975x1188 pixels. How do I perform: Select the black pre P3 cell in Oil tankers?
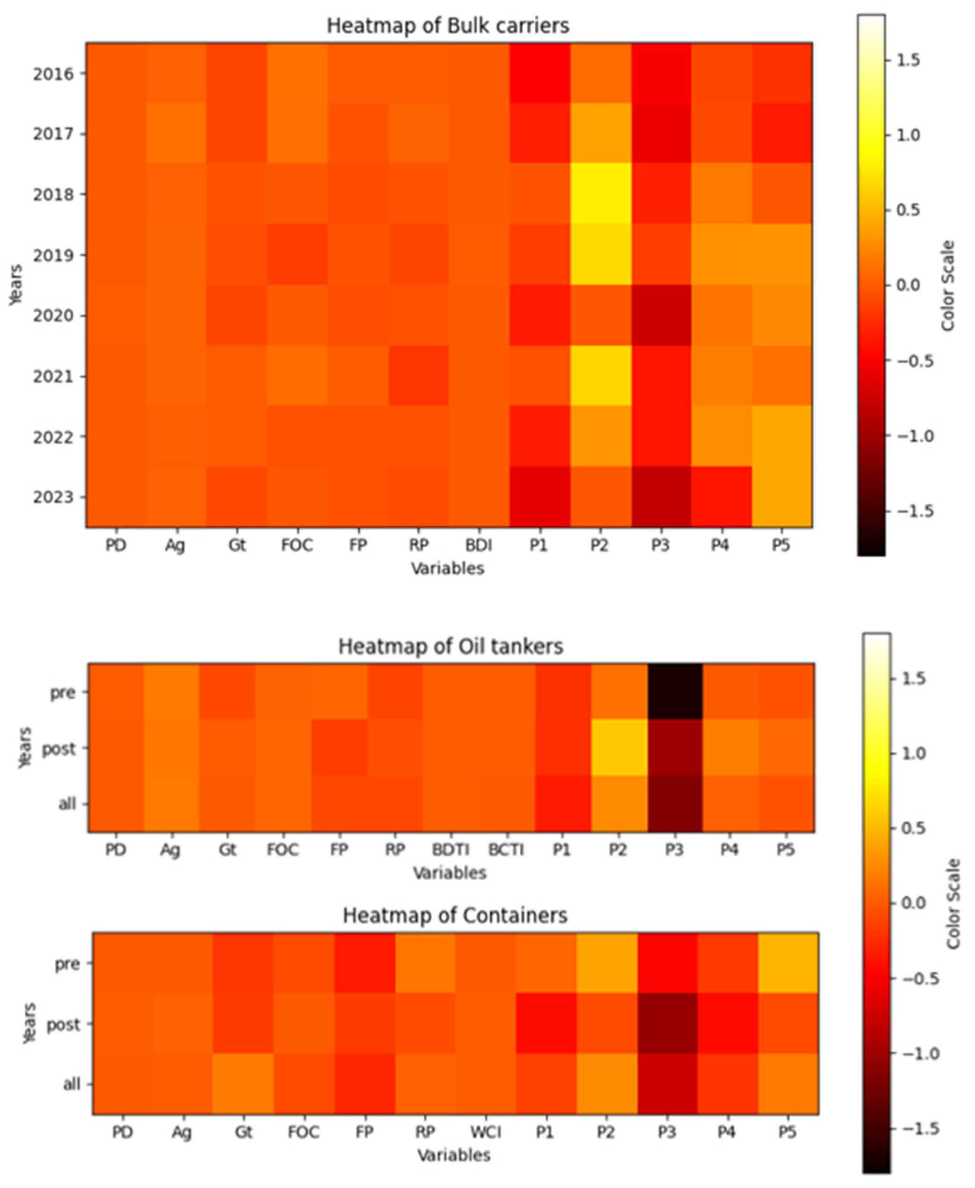coord(674,692)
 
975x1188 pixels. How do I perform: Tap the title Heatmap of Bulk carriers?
coord(448,26)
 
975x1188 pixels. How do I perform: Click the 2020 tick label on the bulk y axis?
coord(53,316)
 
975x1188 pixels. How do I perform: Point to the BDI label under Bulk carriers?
coord(479,545)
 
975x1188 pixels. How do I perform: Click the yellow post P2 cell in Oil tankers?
coord(618,748)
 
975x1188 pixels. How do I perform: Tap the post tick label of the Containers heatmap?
coord(63,1025)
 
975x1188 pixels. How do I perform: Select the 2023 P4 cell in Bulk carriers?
coord(721,496)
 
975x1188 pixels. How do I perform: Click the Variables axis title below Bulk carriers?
coord(447,568)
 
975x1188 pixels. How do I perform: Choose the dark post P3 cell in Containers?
coord(667,1024)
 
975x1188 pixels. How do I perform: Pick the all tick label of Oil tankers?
coord(66,804)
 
